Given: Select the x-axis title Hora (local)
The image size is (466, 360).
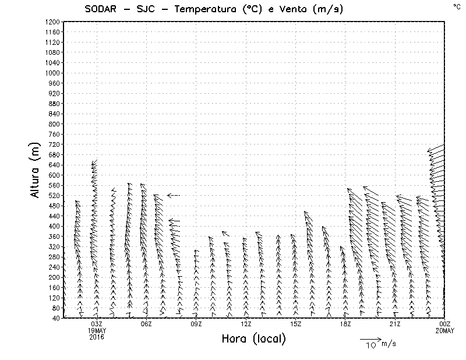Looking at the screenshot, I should [x=253, y=339].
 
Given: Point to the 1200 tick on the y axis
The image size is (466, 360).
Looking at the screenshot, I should [x=52, y=22].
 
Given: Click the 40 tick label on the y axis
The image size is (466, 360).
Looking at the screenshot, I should [x=56, y=318].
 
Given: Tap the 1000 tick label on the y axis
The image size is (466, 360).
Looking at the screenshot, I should [x=52, y=73].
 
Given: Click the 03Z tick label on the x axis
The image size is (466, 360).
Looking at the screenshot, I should [x=97, y=324].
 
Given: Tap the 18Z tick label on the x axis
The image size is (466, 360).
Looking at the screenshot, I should [x=345, y=324].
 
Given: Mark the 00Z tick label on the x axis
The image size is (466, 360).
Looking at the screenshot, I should [x=445, y=324].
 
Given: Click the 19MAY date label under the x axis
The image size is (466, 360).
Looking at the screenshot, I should [x=97, y=330].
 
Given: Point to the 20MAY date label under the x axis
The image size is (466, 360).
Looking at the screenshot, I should [x=445, y=330].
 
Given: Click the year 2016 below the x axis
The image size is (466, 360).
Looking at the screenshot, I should [x=97, y=337].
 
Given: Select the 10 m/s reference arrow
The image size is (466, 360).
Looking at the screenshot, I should [x=370, y=338].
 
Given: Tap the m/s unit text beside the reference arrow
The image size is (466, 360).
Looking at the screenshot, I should [x=389, y=344].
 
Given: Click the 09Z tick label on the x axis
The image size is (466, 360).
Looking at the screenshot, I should [x=196, y=324].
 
